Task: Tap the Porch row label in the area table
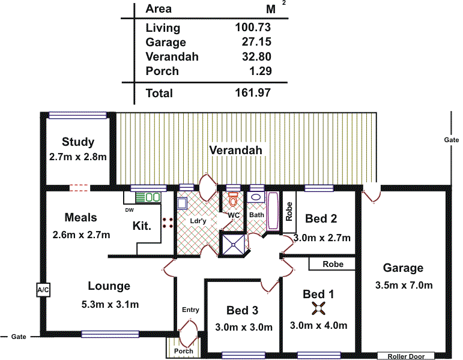[x=162, y=71]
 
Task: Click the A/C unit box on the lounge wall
[x=43, y=290]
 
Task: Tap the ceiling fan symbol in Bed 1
[x=318, y=309]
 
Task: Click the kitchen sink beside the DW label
[x=148, y=197]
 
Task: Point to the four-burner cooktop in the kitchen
[x=168, y=223]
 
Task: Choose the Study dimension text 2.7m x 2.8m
[x=77, y=157]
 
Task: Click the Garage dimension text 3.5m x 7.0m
[x=404, y=285]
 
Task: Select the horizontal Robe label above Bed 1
[x=333, y=264]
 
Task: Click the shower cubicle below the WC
[x=233, y=242]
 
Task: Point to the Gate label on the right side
[x=452, y=139]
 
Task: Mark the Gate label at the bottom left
[x=19, y=337]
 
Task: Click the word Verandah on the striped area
[x=235, y=150]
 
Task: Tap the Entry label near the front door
[x=190, y=310]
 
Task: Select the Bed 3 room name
[x=243, y=310]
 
